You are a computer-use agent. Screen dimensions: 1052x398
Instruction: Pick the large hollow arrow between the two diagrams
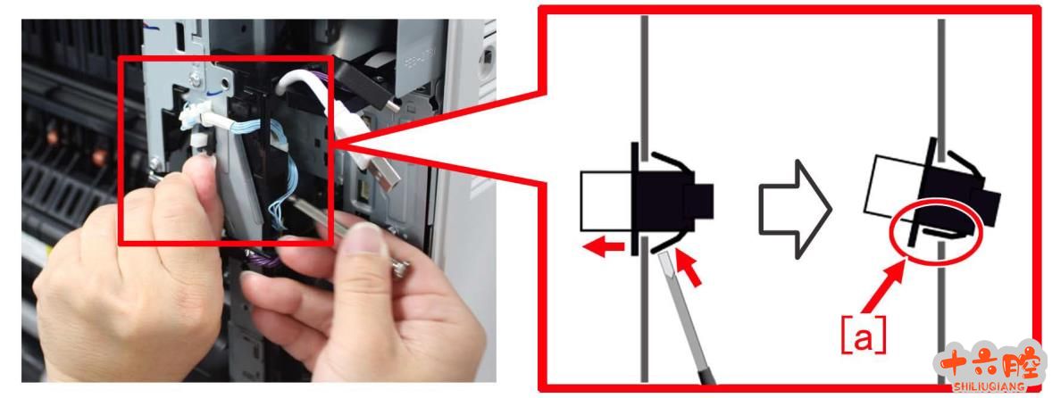(x=795, y=209)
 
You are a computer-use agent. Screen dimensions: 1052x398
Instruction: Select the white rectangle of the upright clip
(x=605, y=201)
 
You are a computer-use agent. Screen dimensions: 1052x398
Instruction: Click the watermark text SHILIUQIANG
(x=989, y=386)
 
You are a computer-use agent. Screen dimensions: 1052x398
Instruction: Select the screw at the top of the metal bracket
(x=196, y=79)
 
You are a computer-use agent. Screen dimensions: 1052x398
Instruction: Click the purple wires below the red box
(x=265, y=258)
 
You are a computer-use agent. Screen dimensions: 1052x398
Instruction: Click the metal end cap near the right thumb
(x=402, y=269)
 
